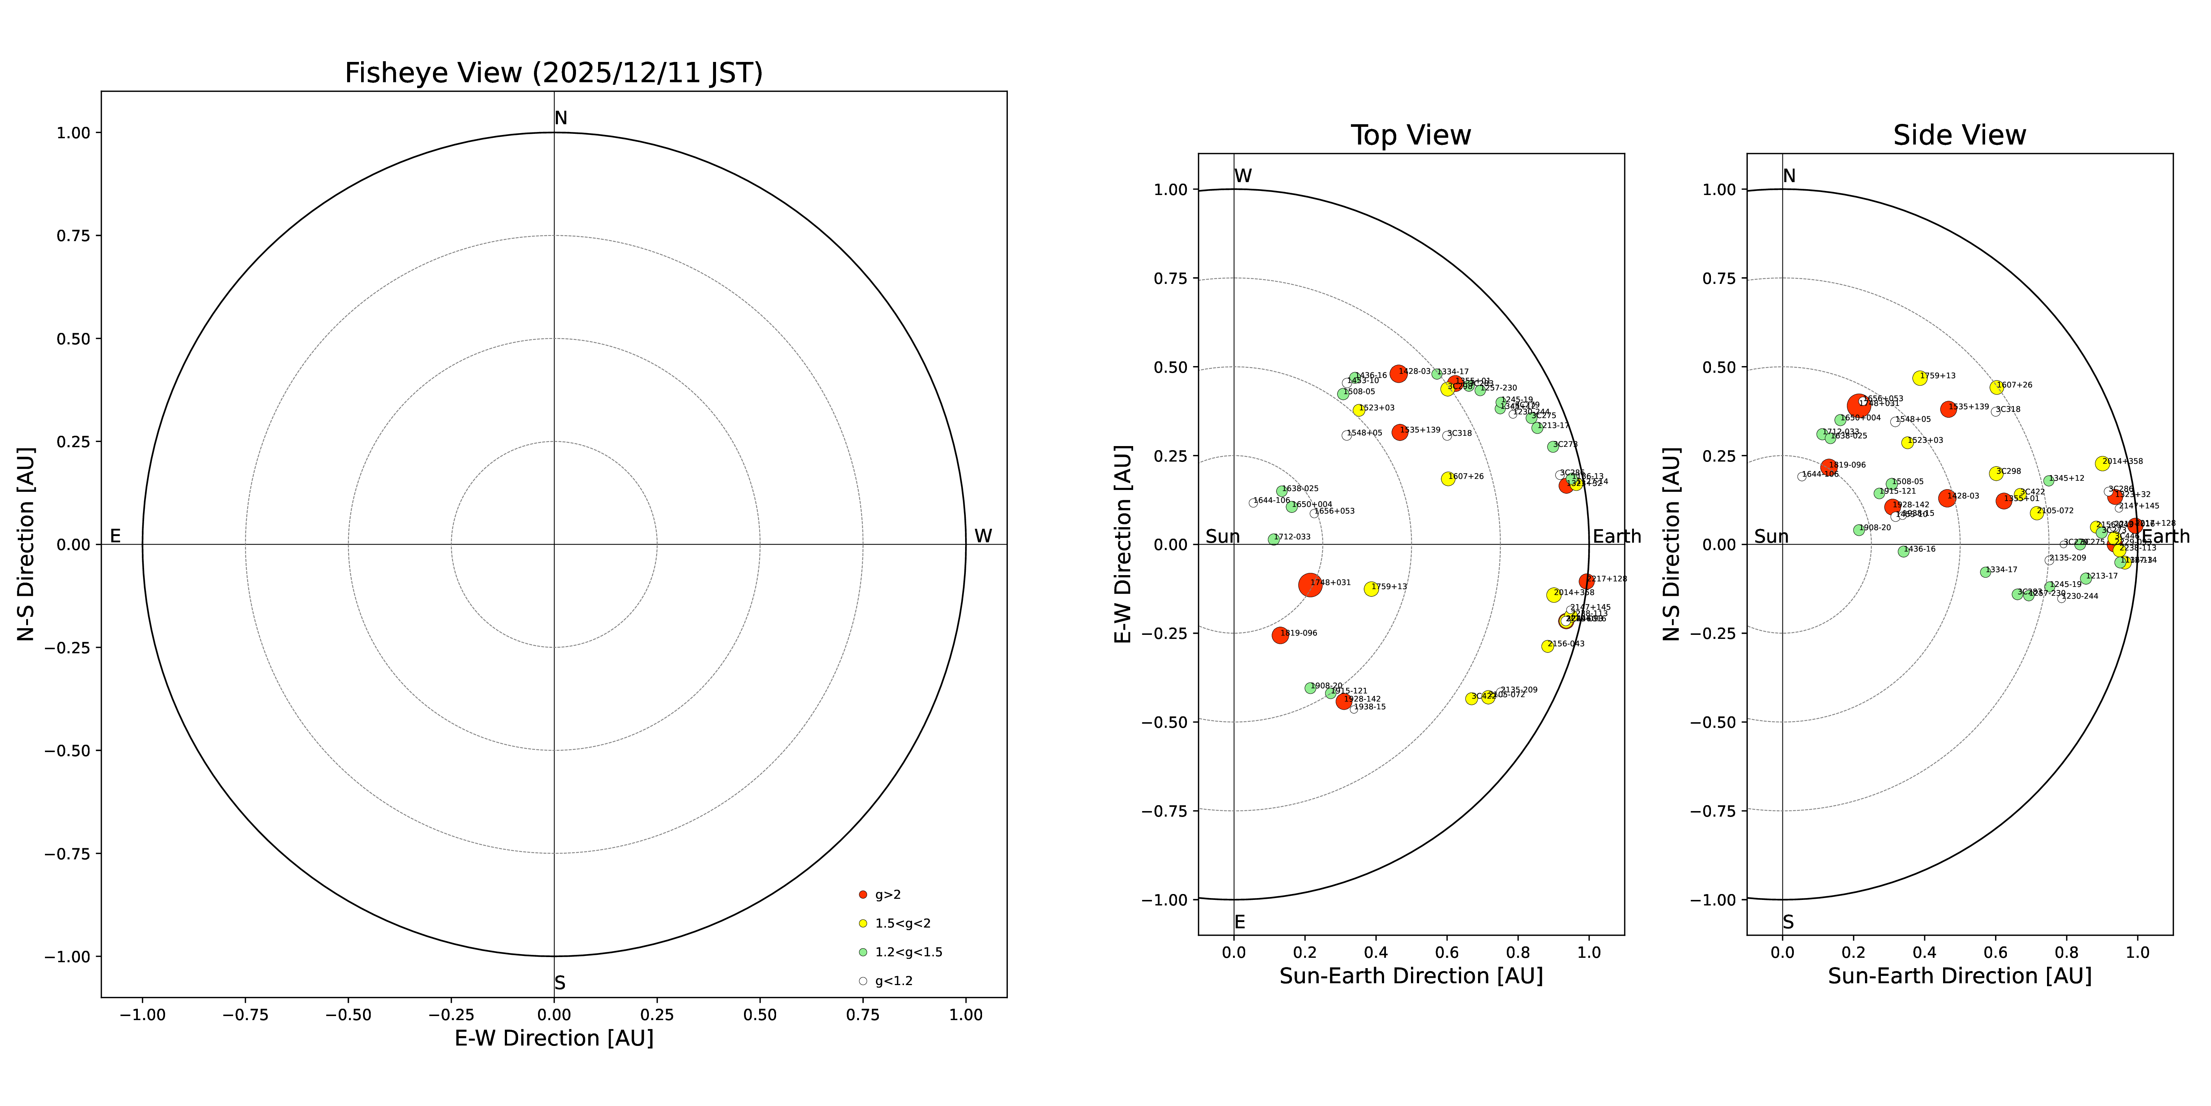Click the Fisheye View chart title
(x=553, y=73)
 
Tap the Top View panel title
(x=1410, y=136)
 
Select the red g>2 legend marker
(x=863, y=895)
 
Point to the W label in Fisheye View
(x=983, y=536)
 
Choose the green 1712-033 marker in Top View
(x=1274, y=539)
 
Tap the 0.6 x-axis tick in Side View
(x=1995, y=952)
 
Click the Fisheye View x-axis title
(x=553, y=1038)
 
